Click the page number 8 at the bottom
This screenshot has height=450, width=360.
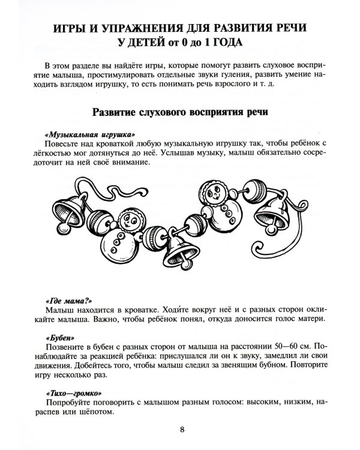[182, 429]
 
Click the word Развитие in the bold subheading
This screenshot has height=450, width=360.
[120, 112]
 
